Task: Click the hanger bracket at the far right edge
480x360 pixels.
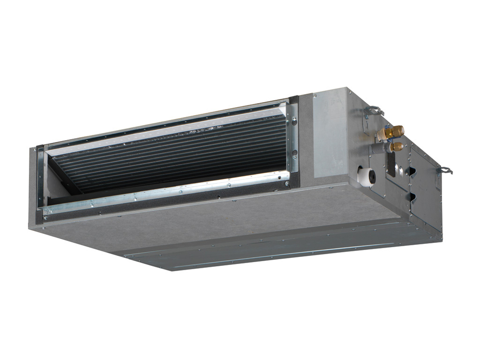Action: coord(445,169)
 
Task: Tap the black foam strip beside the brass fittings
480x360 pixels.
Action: coord(391,164)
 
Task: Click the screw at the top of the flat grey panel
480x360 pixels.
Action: coord(315,97)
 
